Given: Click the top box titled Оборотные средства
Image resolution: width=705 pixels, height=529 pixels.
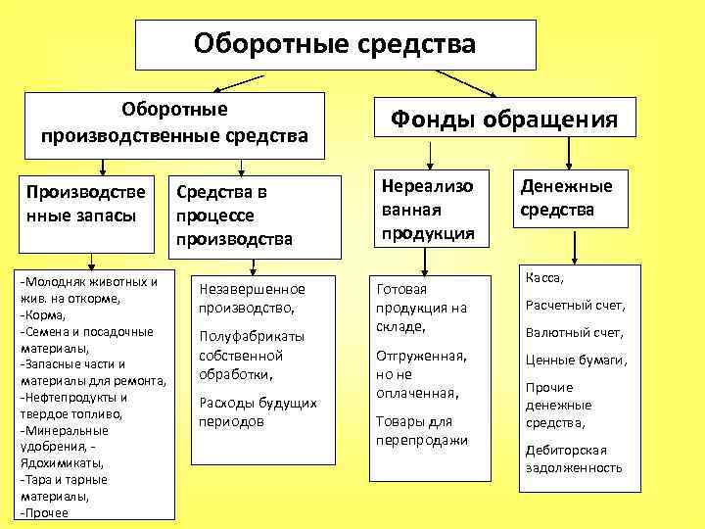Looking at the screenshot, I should pos(335,44).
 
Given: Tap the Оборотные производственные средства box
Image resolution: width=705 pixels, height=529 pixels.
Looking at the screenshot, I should pos(174,124).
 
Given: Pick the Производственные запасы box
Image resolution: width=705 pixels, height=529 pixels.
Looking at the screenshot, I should pos(90,200).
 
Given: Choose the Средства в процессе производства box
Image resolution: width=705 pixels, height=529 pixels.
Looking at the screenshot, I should pos(258,212).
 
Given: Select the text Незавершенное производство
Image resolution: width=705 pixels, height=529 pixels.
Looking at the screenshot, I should pos(252,298).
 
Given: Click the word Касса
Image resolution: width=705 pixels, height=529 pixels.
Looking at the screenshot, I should pos(545,277).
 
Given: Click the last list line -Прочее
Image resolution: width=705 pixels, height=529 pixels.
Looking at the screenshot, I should pos(45,512).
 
